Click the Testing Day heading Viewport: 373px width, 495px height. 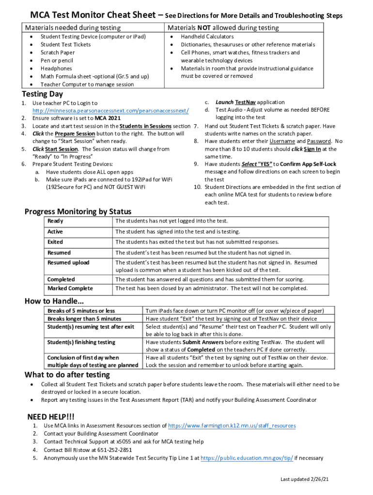tap(42, 94)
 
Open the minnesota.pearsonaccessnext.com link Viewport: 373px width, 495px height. tap(110, 111)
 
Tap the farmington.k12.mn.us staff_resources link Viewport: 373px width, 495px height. tap(232, 426)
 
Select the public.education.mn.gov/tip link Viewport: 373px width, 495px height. tap(247, 458)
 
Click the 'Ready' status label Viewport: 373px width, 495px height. tap(55, 221)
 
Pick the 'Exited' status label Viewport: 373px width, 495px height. tap(55, 242)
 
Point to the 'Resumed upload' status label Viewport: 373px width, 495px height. tap(68, 263)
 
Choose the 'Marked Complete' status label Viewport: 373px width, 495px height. tap(70, 289)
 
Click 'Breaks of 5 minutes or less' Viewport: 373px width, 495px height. tap(81, 311)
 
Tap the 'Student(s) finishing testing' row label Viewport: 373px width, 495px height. tap(81, 342)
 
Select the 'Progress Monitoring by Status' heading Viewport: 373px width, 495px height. tap(78, 212)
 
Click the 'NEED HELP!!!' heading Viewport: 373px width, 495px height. tap(51, 417)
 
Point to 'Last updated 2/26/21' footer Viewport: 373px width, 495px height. tap(305, 479)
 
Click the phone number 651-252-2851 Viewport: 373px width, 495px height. tap(116, 450)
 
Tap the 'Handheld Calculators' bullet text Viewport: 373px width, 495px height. tap(207, 37)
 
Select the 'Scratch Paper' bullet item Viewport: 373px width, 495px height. tap(58, 53)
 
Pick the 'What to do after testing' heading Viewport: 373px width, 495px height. tap(67, 375)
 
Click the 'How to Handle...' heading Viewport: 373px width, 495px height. tap(51, 302)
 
